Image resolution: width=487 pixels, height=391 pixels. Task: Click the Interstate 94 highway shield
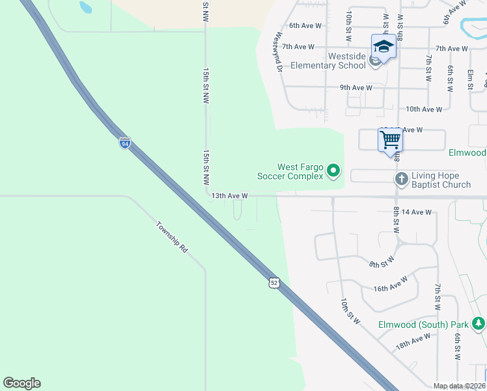[124, 142]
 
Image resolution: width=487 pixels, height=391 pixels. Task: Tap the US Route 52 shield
[273, 282]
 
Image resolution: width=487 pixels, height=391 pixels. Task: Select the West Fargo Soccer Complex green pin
[333, 171]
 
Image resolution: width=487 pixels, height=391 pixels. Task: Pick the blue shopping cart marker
[390, 139]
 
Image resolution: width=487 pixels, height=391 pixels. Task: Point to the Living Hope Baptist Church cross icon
[401, 177]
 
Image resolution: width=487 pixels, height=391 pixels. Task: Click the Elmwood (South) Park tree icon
[479, 323]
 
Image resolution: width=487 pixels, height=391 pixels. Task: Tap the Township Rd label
[172, 237]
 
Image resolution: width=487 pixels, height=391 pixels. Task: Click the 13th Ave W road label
[229, 195]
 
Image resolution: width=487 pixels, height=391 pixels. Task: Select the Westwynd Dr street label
[279, 52]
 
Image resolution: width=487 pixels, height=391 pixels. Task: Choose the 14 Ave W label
[417, 212]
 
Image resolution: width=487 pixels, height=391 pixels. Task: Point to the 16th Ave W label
[391, 284]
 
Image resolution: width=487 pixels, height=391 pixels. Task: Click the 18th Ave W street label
[413, 341]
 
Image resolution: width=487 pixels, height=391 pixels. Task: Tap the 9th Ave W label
[355, 87]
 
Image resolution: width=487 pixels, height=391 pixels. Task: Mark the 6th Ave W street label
[306, 25]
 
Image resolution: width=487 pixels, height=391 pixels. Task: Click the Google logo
[21, 383]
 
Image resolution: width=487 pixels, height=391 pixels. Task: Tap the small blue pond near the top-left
[85, 8]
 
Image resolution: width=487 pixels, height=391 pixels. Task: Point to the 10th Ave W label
[424, 109]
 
